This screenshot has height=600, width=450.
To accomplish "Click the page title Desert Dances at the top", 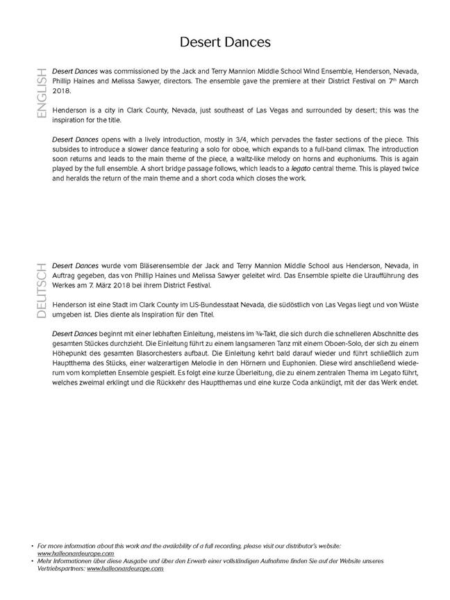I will (225, 42).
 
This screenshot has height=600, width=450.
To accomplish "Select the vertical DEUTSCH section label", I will (41, 290).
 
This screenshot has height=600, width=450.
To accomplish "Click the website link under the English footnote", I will (76, 553).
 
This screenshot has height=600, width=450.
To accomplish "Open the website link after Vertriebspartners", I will (125, 568).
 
